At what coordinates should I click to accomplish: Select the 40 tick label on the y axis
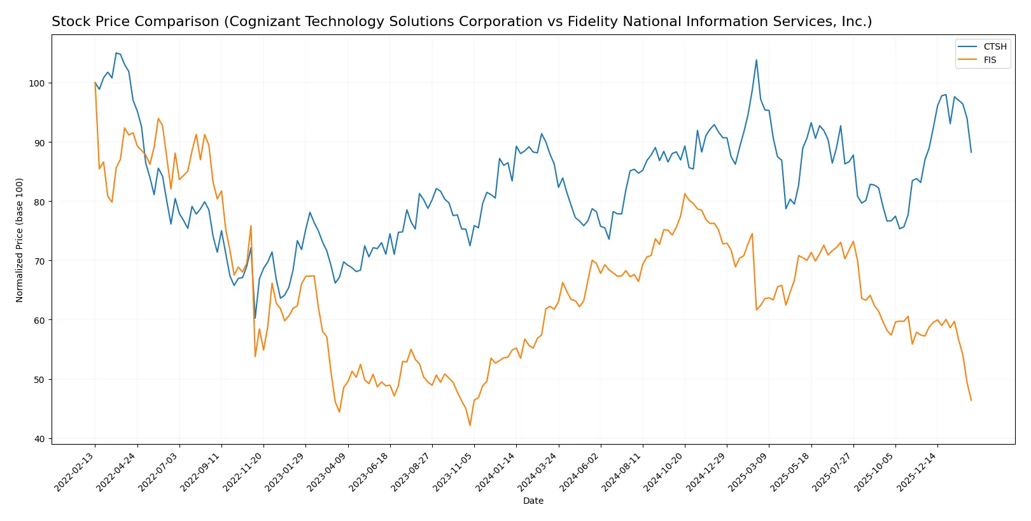[x=39, y=439]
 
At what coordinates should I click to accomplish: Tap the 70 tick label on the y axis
[x=39, y=261]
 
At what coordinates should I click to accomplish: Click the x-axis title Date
[x=533, y=501]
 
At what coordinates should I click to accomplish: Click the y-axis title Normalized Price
[x=20, y=240]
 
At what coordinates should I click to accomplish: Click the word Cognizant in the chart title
[x=260, y=22]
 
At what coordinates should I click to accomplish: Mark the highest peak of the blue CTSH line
[x=116, y=53]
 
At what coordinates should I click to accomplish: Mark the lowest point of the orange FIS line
[x=470, y=426]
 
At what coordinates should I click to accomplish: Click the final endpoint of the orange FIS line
[x=971, y=400]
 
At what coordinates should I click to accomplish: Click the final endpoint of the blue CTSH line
[x=971, y=152]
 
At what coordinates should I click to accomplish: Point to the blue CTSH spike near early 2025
[x=756, y=60]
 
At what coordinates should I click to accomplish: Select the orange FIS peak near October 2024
[x=685, y=194]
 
